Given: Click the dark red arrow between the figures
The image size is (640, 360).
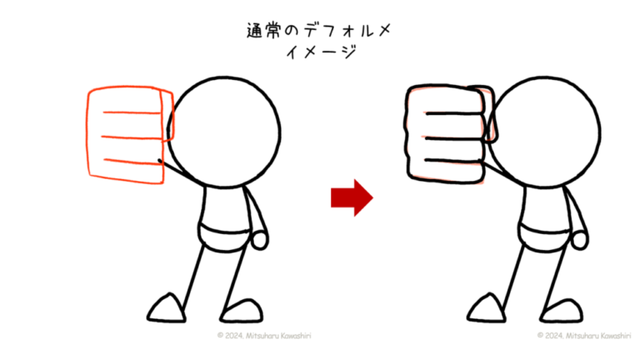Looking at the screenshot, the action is (352, 197).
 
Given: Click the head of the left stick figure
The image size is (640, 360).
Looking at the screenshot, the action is (224, 132).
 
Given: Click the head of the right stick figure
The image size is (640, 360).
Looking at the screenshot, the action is (544, 132).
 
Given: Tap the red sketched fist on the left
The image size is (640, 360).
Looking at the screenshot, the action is (126, 135).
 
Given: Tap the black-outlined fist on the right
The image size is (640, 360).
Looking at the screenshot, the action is (446, 134).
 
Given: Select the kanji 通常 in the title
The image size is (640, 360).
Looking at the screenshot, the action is (263, 31).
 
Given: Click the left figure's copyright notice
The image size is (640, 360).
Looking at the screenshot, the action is (264, 336).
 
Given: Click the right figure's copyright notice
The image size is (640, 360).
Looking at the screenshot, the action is (584, 336).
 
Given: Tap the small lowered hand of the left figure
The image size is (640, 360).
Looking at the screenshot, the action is (260, 240).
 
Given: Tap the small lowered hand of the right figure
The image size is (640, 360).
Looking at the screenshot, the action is (580, 240).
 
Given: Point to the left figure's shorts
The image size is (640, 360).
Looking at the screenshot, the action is (224, 237).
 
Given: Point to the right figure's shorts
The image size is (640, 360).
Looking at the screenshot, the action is (544, 237).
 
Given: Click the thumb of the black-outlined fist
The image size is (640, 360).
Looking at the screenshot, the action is (488, 114).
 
